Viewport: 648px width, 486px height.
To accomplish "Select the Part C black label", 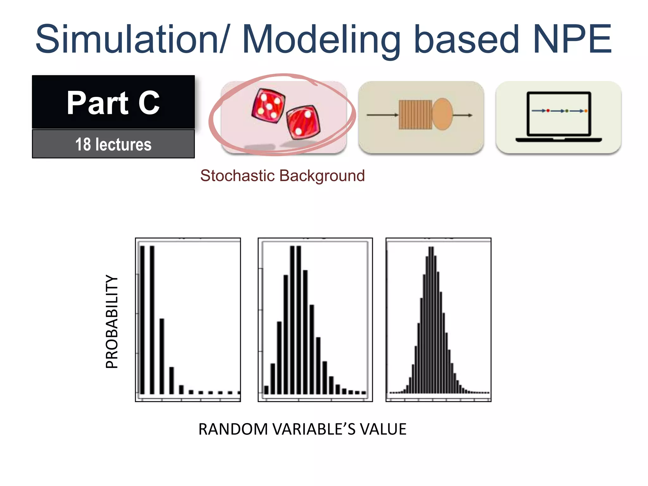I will point(113,102).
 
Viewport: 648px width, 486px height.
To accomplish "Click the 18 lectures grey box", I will point(113,144).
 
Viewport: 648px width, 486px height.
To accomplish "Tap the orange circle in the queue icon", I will point(442,114).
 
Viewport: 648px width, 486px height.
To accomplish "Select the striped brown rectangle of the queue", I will point(415,115).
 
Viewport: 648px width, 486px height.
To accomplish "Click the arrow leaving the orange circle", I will point(463,115).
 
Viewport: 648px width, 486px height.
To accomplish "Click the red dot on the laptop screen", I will point(548,111).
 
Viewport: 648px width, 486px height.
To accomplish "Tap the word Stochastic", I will point(237,176).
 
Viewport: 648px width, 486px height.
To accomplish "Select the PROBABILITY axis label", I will point(112,321).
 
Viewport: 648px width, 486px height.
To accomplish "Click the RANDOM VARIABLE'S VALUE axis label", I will point(302,429).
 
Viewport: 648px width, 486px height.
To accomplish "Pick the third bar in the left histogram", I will point(162,356).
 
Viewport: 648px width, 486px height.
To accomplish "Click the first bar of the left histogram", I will point(142,320).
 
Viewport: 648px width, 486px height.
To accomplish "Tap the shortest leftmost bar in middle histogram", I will point(266,390).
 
